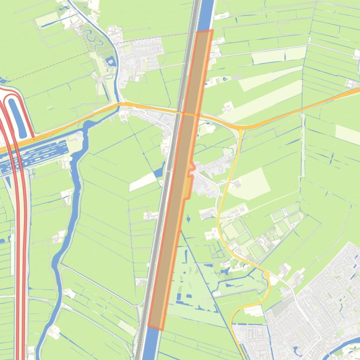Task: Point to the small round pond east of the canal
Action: (x=188, y=218)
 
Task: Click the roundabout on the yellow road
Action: (x=267, y=275)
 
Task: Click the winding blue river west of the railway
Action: (x=66, y=234)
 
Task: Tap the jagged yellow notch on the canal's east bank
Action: (x=190, y=180)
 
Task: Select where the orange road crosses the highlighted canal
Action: (x=190, y=114)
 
